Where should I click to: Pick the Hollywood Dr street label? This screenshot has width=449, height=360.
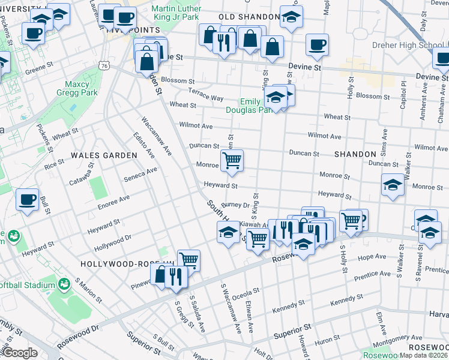click(x=112, y=243)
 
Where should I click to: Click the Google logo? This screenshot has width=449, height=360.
click(x=20, y=352)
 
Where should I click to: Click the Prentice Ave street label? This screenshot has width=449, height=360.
click(x=372, y=274)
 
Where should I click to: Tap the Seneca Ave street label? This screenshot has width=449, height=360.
click(x=141, y=174)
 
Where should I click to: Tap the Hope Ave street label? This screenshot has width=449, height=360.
click(x=372, y=257)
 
